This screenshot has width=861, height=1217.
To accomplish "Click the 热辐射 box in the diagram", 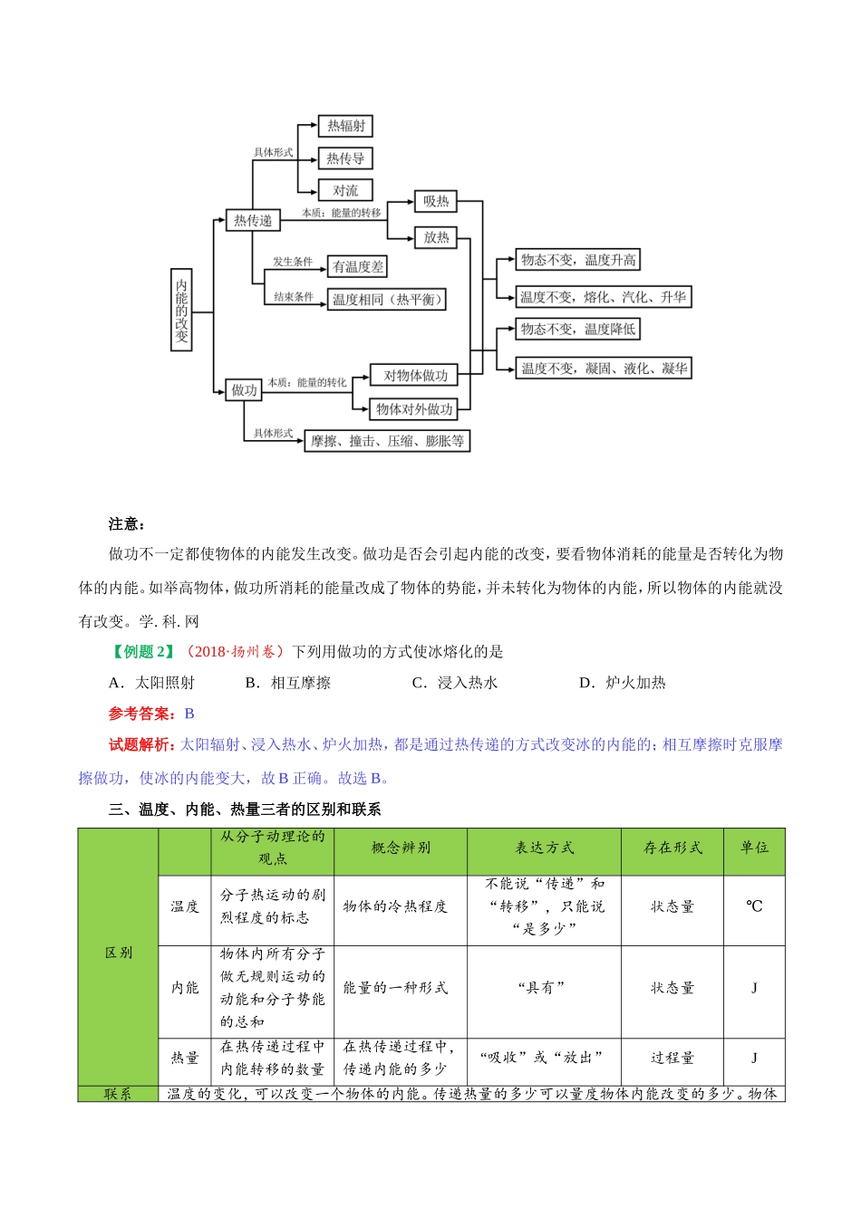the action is pos(346,126).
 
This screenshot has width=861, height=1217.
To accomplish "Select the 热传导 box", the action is pos(345,158).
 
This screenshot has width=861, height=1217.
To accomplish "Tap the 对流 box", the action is pos(345,190).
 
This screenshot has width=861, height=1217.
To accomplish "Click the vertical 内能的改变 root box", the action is pos(181,310).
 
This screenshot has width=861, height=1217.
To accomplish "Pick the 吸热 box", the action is pos(436,201).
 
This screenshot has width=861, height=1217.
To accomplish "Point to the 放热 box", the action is pos(436,237).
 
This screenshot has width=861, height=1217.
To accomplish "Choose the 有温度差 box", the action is pos(358,266).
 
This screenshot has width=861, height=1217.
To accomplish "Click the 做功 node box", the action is pos(244,390).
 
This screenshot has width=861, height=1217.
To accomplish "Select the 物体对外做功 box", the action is pos(414,409).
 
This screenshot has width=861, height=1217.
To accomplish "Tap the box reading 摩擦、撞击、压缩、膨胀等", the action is pos(387,441).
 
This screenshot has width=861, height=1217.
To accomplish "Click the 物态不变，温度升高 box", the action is pos(578,260).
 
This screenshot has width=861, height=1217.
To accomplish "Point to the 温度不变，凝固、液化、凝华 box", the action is pos(604,369).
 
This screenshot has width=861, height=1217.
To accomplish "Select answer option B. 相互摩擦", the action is pos(288,683).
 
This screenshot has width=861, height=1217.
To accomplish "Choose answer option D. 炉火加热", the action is pos(623,683).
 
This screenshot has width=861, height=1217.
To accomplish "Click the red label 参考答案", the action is pos(140,714).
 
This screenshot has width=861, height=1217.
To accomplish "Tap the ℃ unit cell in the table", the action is pos(754,906).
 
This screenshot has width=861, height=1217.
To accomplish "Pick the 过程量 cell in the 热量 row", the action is pos(672,1058).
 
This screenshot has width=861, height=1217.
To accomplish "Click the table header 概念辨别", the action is pos(401,848).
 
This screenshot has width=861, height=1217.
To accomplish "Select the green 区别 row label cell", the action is pos(119,953).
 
